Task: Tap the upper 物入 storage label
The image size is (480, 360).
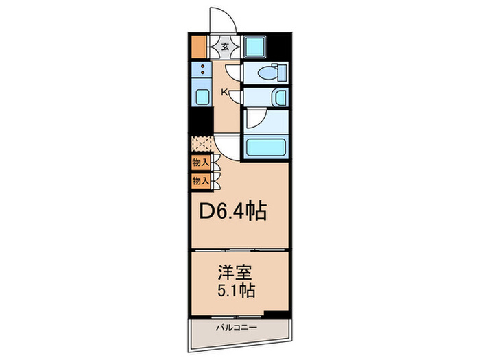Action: (x=200, y=163)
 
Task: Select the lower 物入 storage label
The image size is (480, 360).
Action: (x=200, y=181)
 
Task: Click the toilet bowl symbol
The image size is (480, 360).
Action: (x=272, y=73)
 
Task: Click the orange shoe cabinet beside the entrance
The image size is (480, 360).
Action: (x=199, y=47)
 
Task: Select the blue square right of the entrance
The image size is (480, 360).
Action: (x=252, y=47)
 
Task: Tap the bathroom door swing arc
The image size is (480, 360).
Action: (x=252, y=119)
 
